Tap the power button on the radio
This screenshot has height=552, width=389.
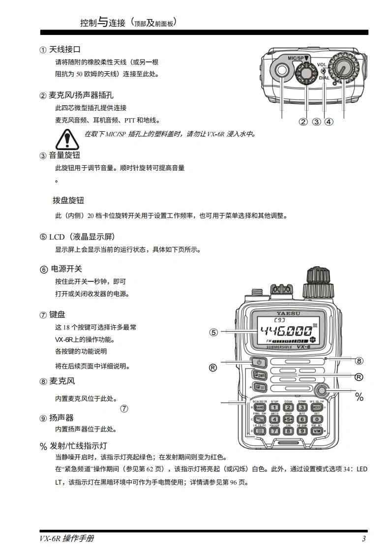tap(260, 363)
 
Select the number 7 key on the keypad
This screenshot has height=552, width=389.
tap(274, 431)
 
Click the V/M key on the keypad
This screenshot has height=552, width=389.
tap(317, 431)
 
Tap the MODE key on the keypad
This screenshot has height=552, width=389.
tap(317, 407)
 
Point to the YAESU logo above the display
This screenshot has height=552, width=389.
tap(288, 313)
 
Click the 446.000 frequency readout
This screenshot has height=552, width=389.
tap(286, 330)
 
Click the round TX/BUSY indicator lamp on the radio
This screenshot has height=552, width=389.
tap(322, 390)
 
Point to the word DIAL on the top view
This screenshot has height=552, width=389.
tap(324, 77)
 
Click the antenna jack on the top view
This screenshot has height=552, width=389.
tap(282, 71)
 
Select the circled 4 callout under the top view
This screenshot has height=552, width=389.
tap(329, 122)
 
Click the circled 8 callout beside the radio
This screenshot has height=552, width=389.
tap(359, 361)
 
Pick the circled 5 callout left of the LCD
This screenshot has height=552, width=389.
tap(213, 332)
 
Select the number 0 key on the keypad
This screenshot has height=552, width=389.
tap(317, 419)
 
